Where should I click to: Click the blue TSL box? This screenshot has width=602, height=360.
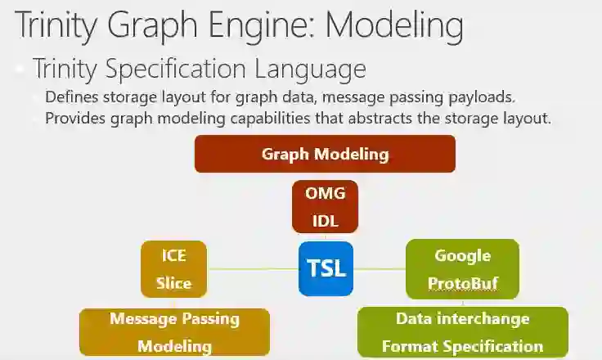326,268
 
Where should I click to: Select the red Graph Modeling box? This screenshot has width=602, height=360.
325,154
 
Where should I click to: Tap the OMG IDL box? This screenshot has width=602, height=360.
326,207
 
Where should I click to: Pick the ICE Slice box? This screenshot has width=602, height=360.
173,269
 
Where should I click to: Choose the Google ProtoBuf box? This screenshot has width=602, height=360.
462,269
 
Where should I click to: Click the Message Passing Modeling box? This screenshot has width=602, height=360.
174,331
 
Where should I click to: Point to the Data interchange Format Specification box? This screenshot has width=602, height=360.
462,331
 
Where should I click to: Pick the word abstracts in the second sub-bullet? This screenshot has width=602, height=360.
387,118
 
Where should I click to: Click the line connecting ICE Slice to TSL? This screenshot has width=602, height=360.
253,268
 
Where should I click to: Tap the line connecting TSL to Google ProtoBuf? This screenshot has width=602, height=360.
380,268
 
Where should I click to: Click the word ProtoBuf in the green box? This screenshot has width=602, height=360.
462,284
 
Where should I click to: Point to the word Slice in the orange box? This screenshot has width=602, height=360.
173,284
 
